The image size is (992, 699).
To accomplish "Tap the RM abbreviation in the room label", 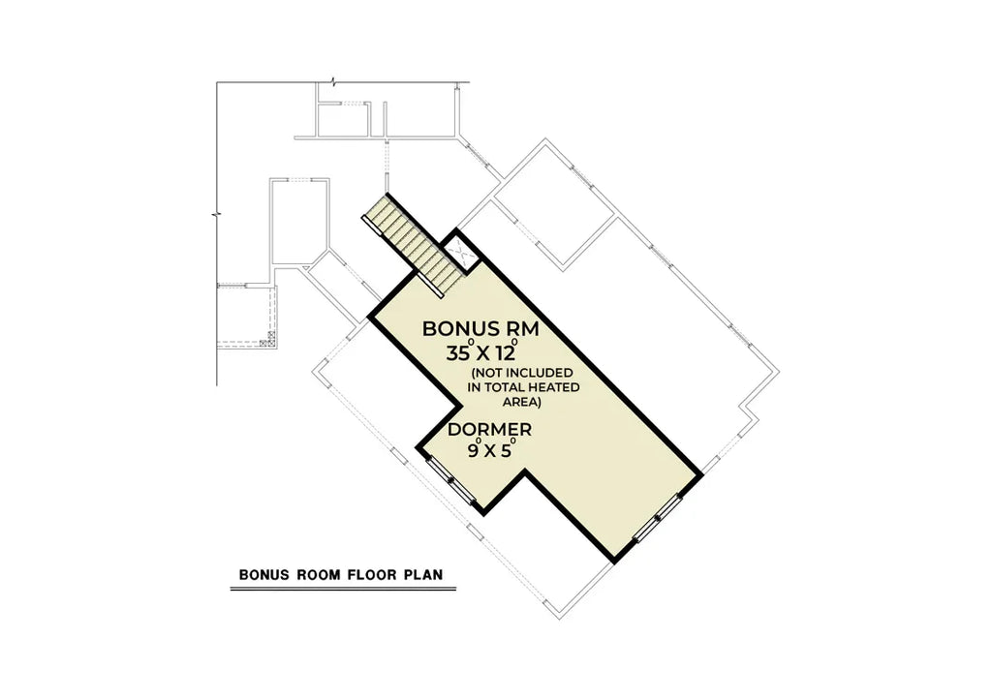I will point(518,329).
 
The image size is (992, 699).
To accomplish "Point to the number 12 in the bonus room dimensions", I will point(510,352).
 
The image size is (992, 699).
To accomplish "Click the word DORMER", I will point(489,428).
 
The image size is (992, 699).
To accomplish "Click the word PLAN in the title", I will point(422,574).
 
